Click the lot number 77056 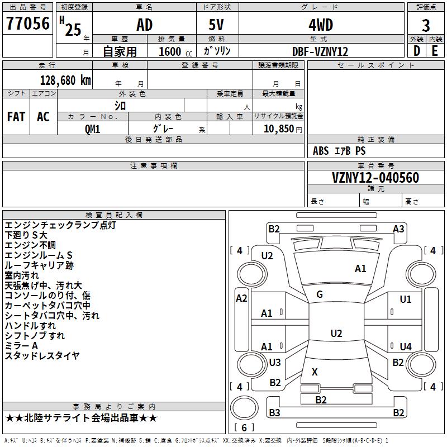pyautogui.click(x=28, y=23)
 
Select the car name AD pyautogui.click(x=145, y=25)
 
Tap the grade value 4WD pyautogui.click(x=321, y=25)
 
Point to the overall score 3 pyautogui.click(x=426, y=26)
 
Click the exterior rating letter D pyautogui.click(x=417, y=51)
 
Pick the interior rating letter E pyautogui.click(x=435, y=51)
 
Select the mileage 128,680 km pyautogui.click(x=65, y=80)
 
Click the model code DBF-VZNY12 pyautogui.click(x=320, y=51)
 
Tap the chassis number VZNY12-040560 pyautogui.click(x=375, y=177)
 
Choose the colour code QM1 pyautogui.click(x=92, y=129)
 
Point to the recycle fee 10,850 pyautogui.click(x=279, y=129)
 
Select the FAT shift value pyautogui.click(x=16, y=117)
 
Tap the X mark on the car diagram pyautogui.click(x=315, y=372)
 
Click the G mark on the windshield pyautogui.click(x=320, y=294)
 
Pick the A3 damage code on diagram pyautogui.click(x=398, y=229)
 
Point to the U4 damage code pyautogui.click(x=406, y=346)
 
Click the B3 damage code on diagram pyautogui.click(x=274, y=412)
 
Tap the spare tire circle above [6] pyautogui.click(x=244, y=407)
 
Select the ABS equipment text pyautogui.click(x=321, y=151)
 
